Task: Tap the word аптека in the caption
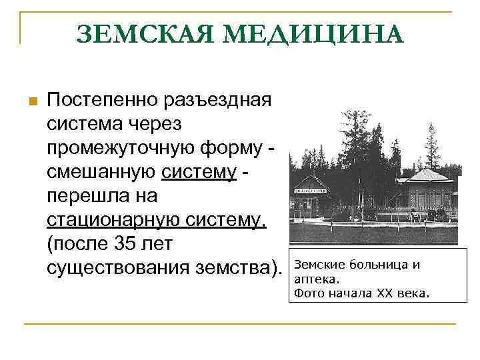point(315,279)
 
